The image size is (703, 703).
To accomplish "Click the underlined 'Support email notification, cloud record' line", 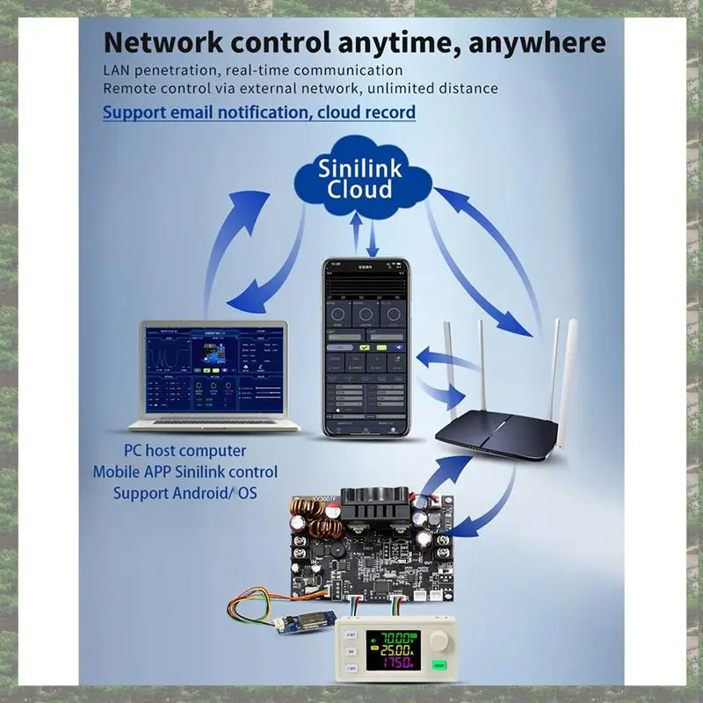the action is (258, 112).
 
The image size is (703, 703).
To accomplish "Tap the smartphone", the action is (366, 347).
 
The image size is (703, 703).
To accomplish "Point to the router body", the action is (497, 435).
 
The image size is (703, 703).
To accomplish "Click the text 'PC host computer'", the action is (185, 451).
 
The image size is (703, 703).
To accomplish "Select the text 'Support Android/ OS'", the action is (185, 493).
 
